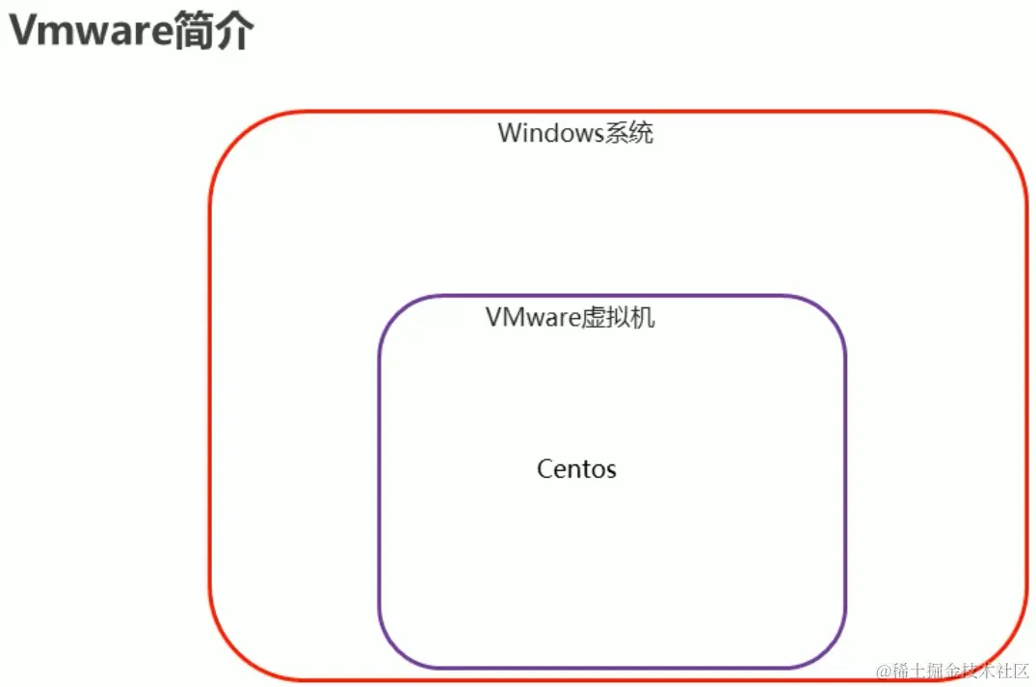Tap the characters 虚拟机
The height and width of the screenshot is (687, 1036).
tap(618, 317)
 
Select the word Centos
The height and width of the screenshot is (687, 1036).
tap(576, 469)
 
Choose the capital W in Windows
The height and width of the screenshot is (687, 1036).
tap(509, 133)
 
